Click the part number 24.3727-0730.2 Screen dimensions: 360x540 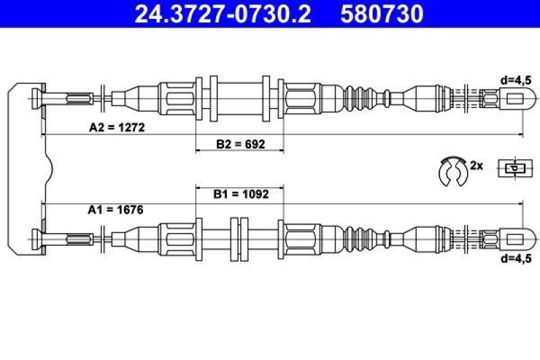tap(223, 14)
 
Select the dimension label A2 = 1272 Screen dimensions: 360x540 tap(117, 126)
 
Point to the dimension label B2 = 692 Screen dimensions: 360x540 tap(240, 144)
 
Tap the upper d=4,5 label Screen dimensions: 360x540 tap(516, 79)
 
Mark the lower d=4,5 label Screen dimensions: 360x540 tap(516, 258)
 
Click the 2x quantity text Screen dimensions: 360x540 tap(477, 165)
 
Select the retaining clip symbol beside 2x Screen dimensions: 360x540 tap(451, 171)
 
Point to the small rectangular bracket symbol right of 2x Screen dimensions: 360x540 tap(514, 168)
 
